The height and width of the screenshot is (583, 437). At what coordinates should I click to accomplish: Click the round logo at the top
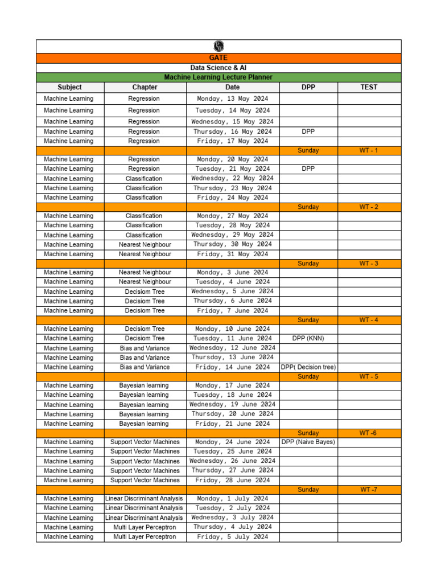(x=218, y=46)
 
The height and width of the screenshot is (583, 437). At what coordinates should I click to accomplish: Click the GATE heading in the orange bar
(x=218, y=58)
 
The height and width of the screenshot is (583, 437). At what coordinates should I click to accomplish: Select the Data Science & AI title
(x=218, y=68)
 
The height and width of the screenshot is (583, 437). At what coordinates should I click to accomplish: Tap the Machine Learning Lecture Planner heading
(x=218, y=77)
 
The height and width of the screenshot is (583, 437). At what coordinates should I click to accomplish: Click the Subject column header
(x=69, y=87)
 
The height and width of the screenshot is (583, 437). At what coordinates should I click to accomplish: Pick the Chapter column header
(x=145, y=87)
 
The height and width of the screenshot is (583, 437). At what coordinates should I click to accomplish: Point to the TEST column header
(x=369, y=87)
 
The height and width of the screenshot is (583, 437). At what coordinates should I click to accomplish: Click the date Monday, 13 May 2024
(x=233, y=98)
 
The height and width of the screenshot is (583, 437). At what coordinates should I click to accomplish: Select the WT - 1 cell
(x=369, y=150)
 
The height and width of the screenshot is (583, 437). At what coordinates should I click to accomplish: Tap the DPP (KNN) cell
(x=308, y=338)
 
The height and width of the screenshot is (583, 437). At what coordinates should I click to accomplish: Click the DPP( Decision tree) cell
(x=308, y=367)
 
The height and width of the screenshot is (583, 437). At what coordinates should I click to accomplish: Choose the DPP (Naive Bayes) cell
(x=308, y=442)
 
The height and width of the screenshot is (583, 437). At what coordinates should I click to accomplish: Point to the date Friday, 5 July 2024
(x=233, y=537)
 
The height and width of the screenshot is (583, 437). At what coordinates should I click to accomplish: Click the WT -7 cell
(x=369, y=490)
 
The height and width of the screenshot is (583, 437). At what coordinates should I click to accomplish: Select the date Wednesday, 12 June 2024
(x=233, y=348)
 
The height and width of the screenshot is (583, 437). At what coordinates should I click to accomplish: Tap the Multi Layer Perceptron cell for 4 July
(x=145, y=527)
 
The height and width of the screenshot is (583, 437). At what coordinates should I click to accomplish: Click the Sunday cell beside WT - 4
(x=308, y=320)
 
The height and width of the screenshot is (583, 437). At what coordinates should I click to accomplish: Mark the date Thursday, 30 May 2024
(x=233, y=244)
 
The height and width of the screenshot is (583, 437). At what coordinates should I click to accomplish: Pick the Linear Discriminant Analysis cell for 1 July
(x=145, y=499)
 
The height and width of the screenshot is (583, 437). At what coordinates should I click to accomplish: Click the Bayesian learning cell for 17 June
(x=144, y=385)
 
